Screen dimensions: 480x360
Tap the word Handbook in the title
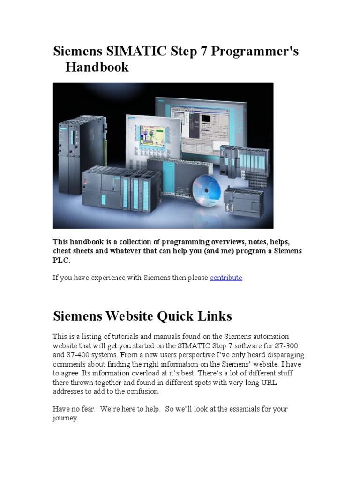click(97, 67)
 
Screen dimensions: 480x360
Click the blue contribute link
click(226, 277)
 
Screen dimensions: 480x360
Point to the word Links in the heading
click(214, 316)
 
